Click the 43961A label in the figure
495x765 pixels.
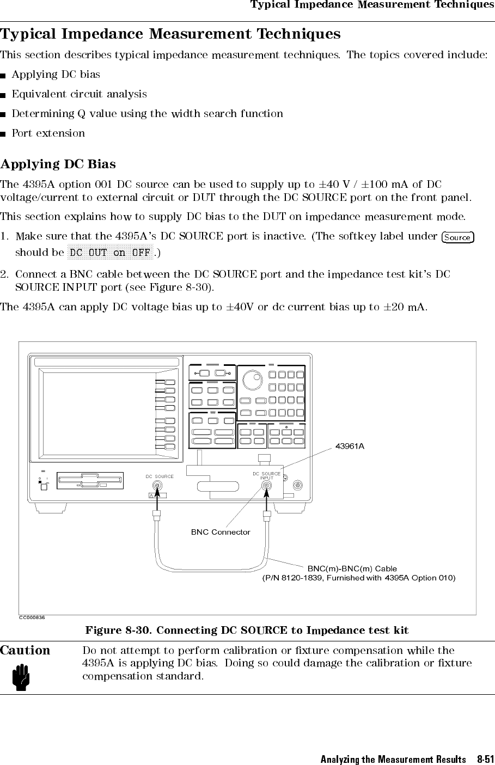350,446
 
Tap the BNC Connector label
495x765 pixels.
221,532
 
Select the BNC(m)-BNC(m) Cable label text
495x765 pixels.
352,568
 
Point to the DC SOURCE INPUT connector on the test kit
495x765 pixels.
267,486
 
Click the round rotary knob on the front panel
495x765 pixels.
252,380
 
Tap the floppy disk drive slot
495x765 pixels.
90,481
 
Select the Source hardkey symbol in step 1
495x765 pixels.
457,237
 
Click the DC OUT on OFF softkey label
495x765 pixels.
110,253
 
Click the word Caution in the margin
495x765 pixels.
25,650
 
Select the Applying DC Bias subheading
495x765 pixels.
58,164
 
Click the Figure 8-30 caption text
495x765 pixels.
247,631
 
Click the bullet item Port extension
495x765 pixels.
48,133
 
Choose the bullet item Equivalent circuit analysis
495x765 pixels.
79,94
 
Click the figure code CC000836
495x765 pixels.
32,617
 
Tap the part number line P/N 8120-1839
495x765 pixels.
359,578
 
